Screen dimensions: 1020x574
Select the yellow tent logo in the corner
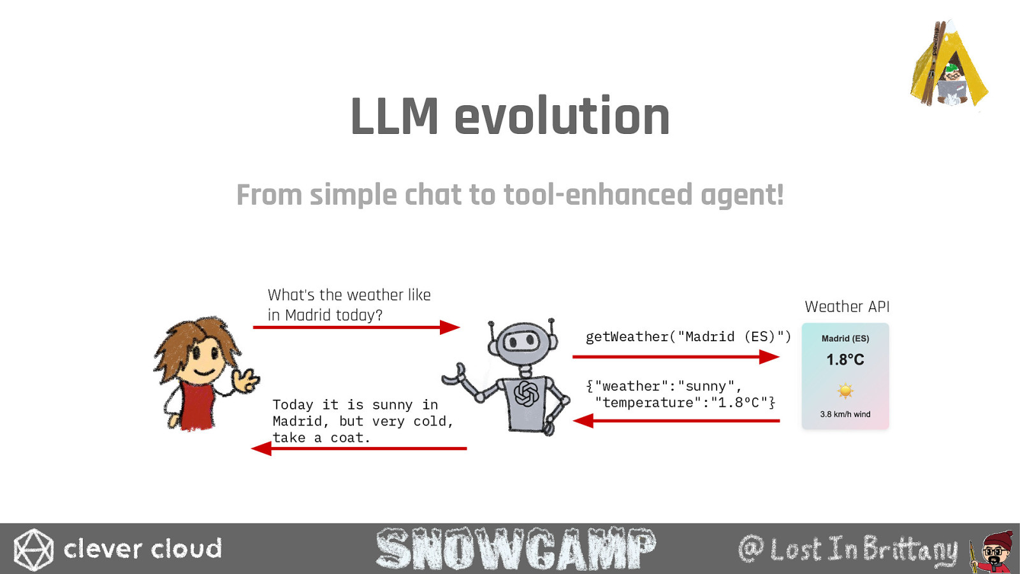pyautogui.click(x=949, y=64)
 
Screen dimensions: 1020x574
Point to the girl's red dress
pyautogui.click(x=197, y=406)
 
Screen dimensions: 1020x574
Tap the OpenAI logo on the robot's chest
pyautogui.click(x=527, y=394)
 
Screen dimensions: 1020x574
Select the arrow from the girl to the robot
pyautogui.click(x=356, y=327)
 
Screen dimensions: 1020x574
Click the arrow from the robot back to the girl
pyautogui.click(x=359, y=448)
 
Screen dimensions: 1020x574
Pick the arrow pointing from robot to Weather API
pyautogui.click(x=676, y=357)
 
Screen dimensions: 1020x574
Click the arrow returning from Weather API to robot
pyautogui.click(x=676, y=420)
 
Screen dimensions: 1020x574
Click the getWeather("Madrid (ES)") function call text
pyautogui.click(x=688, y=337)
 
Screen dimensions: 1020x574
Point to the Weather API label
pyautogui.click(x=847, y=307)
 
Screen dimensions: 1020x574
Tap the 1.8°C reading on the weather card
pyautogui.click(x=845, y=360)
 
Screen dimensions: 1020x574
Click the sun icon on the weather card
pyautogui.click(x=845, y=391)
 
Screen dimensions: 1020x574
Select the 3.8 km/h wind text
pyautogui.click(x=845, y=414)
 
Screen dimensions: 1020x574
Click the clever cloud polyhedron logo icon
pyautogui.click(x=33, y=549)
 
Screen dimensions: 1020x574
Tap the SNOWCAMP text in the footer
pyautogui.click(x=516, y=548)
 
